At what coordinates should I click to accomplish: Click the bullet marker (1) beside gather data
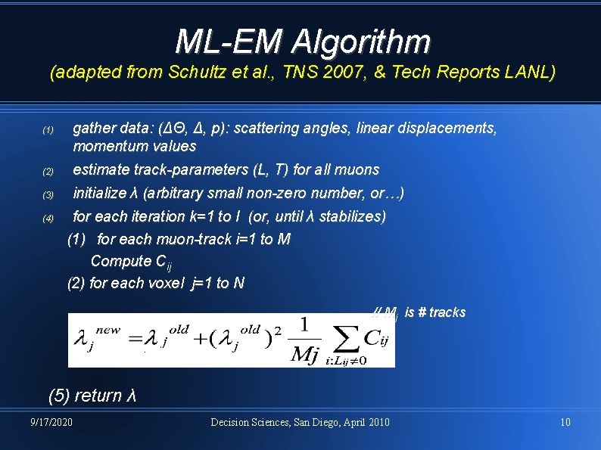pyautogui.click(x=48, y=131)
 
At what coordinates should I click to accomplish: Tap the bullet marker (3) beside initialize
pyautogui.click(x=48, y=196)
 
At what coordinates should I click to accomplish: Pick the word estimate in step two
pyautogui.click(x=101, y=169)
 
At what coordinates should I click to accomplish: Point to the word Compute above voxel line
pyautogui.click(x=121, y=261)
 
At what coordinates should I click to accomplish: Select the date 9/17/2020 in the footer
pyautogui.click(x=51, y=421)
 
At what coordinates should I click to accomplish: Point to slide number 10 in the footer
pyautogui.click(x=565, y=421)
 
